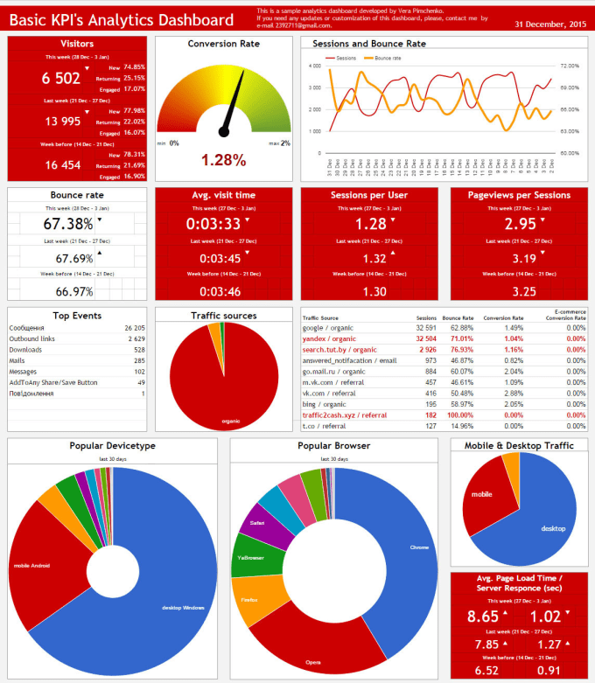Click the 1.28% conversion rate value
tap(223, 160)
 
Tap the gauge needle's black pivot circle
tap(223, 132)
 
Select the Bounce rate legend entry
tap(381, 58)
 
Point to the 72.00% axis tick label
tap(570, 66)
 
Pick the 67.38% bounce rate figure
tap(68, 225)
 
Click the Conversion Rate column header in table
tap(505, 317)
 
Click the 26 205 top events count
tap(134, 327)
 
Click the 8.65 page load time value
tap(481, 617)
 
